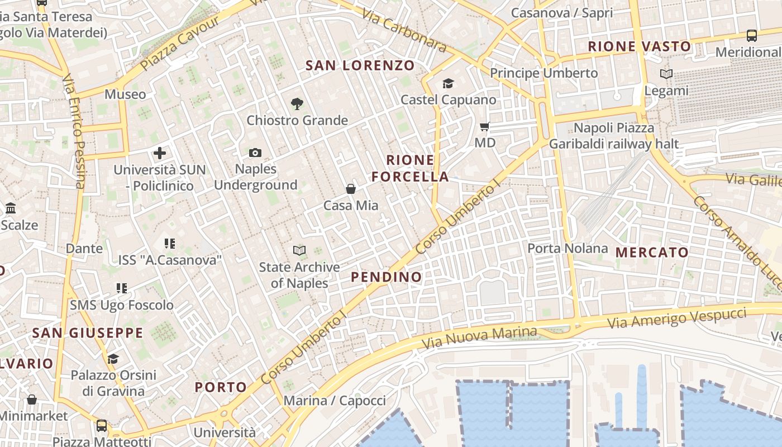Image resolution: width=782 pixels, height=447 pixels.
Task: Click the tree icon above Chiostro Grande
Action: click(x=297, y=103)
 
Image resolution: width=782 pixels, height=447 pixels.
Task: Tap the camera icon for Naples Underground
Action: click(x=255, y=153)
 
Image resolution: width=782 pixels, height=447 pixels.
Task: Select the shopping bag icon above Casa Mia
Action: click(x=351, y=189)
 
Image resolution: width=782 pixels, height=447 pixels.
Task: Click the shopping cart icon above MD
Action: click(x=485, y=127)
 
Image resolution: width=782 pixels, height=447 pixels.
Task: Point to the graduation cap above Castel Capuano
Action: click(x=448, y=84)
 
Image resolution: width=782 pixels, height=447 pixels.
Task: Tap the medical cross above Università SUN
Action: click(x=160, y=153)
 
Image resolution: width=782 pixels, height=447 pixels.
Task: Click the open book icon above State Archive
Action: click(x=299, y=251)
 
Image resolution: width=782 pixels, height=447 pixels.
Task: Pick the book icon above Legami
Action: click(x=666, y=74)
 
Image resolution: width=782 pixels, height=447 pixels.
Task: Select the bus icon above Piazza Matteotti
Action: click(x=102, y=426)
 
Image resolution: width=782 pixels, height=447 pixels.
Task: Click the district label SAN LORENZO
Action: click(x=360, y=65)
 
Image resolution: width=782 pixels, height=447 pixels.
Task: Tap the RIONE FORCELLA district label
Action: click(x=411, y=168)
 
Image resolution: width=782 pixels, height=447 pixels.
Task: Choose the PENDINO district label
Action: click(x=387, y=277)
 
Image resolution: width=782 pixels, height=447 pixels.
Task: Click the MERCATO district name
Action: click(x=652, y=253)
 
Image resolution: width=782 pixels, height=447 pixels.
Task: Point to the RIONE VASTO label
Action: click(x=640, y=46)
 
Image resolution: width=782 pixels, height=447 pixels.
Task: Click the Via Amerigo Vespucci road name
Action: click(x=676, y=318)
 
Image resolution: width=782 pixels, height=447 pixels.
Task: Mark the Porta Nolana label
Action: click(x=568, y=248)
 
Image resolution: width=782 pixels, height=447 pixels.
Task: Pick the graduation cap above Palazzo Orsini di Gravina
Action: click(x=113, y=359)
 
